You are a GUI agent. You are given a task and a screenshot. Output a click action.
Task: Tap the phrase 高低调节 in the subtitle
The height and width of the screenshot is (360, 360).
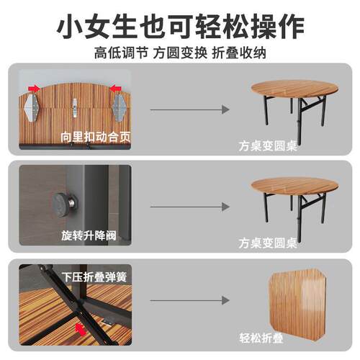[x=118, y=53]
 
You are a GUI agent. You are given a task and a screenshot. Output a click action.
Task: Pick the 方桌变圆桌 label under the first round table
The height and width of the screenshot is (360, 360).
[x=269, y=145]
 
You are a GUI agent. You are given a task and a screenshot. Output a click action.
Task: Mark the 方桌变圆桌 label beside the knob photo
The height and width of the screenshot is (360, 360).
[x=269, y=242]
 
